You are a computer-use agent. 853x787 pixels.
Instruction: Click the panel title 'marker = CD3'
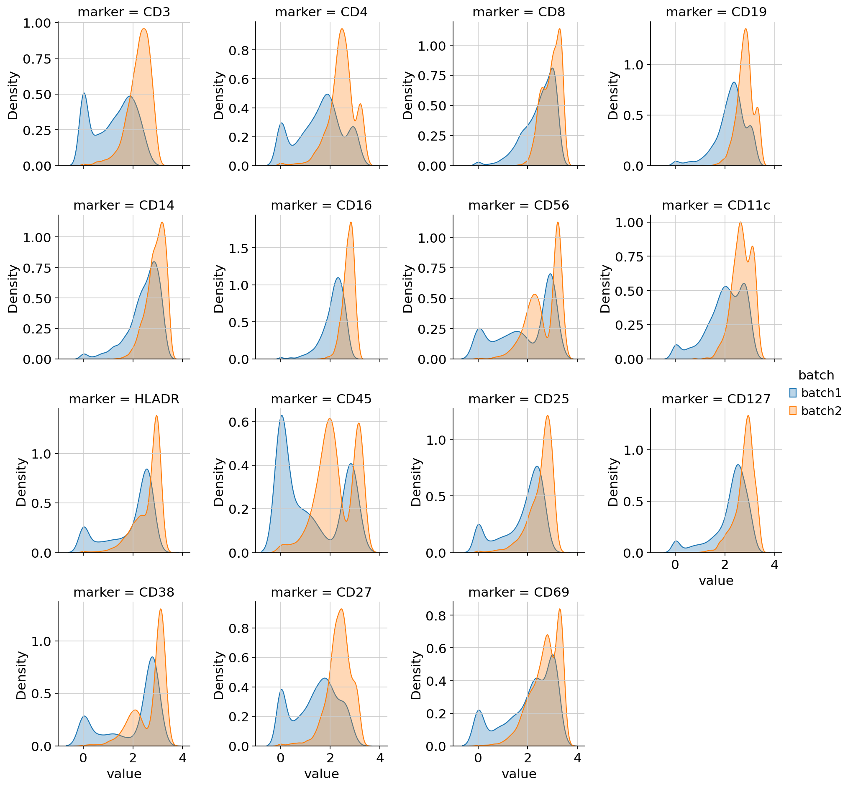[x=123, y=12]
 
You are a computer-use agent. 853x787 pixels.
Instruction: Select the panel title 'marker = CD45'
[x=321, y=399]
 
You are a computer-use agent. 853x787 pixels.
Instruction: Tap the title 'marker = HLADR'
[x=123, y=399]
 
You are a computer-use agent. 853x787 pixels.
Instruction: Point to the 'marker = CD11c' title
[x=716, y=205]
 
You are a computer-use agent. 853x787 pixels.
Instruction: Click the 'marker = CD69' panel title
[x=518, y=592]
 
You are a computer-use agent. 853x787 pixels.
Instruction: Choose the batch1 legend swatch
[x=793, y=393]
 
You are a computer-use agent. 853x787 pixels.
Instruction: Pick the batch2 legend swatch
[x=793, y=411]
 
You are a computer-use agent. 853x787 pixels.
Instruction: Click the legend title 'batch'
[x=816, y=375]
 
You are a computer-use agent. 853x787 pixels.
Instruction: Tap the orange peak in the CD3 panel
[x=144, y=29]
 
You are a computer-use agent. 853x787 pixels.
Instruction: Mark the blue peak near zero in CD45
[x=282, y=415]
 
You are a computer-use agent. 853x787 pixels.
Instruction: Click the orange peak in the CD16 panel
[x=351, y=222]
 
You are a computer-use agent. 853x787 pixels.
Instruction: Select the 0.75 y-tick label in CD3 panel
[x=37, y=59]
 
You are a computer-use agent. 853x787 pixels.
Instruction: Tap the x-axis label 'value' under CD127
[x=716, y=581]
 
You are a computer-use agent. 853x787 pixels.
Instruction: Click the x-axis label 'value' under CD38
[x=123, y=774]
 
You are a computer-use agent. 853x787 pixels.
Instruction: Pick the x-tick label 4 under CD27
[x=380, y=759]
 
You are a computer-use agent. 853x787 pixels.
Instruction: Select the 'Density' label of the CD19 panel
[x=613, y=95]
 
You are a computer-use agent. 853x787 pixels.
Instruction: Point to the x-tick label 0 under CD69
[x=478, y=759]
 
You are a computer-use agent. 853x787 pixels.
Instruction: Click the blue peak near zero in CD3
[x=84, y=93]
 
